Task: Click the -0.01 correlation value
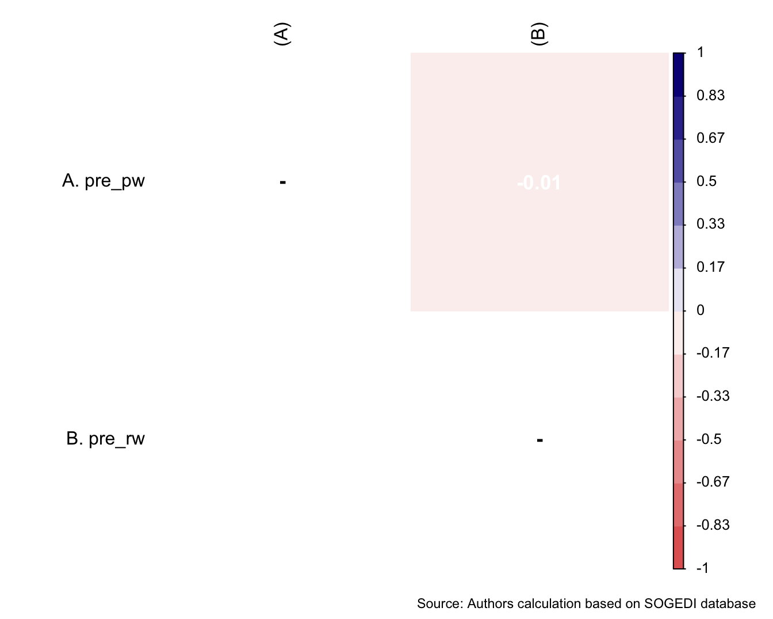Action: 539,183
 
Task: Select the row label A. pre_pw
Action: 104,181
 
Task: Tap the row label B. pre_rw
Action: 105,439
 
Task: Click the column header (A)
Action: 282,35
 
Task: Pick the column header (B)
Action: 539,35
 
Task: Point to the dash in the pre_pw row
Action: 282,183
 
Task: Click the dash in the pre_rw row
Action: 539,440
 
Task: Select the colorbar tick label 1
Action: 700,52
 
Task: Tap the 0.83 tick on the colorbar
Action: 710,96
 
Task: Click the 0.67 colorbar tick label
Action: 710,138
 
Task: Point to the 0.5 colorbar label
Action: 706,181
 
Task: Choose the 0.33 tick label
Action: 710,224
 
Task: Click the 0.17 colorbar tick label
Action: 710,267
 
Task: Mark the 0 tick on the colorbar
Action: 700,310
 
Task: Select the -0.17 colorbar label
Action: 713,353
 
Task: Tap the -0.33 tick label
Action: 713,396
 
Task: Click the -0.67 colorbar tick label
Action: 713,482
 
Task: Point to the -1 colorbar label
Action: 702,568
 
